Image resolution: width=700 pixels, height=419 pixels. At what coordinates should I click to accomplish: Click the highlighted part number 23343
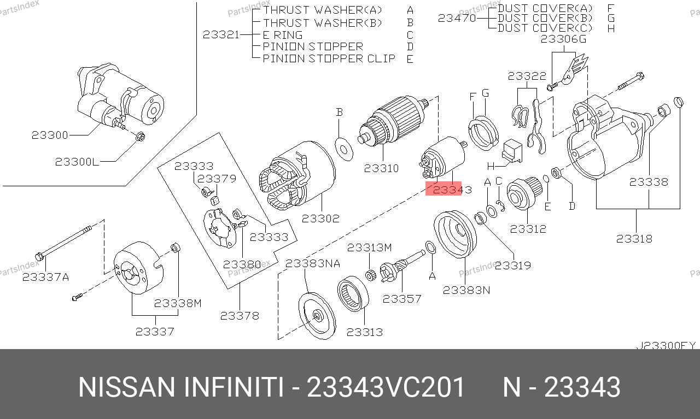[x=452, y=189]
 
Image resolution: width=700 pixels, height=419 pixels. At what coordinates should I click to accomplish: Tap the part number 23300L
[x=77, y=162]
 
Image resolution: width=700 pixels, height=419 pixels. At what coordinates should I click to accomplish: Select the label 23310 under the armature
[x=381, y=168]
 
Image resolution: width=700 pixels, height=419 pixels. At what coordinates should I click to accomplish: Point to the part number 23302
[x=320, y=219]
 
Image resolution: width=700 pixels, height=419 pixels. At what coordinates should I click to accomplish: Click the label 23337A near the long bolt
[x=45, y=277]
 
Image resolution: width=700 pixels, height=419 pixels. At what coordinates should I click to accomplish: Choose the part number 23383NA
[x=313, y=263]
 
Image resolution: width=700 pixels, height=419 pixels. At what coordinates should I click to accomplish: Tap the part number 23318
[x=634, y=239]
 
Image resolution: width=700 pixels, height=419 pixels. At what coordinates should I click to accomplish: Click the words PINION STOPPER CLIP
[x=329, y=58]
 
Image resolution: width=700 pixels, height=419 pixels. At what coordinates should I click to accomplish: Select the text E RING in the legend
[x=283, y=34]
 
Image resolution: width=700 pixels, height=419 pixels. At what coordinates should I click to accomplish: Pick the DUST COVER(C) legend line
[x=545, y=28]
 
